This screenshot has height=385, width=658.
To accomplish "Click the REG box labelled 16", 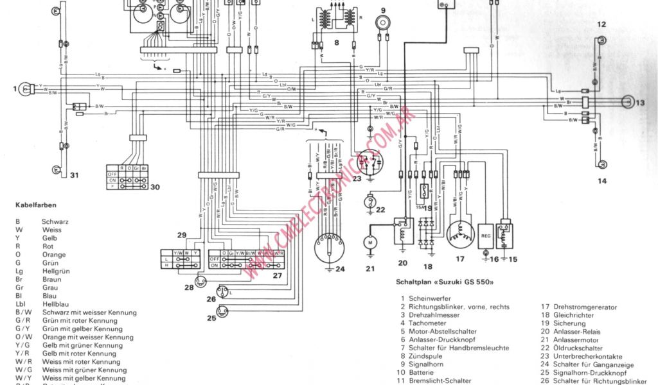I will pyautogui.click(x=486, y=235).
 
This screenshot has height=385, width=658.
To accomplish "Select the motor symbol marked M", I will pyautogui.click(x=369, y=243).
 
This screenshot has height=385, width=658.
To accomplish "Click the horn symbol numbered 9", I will pyautogui.click(x=384, y=23).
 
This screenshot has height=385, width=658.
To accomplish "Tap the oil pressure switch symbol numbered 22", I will pyautogui.click(x=369, y=201).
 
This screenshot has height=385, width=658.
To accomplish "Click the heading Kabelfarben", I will pyautogui.click(x=36, y=205).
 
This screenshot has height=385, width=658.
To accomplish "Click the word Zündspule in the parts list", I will pyautogui.click(x=425, y=356).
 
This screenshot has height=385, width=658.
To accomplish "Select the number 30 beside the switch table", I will pyautogui.click(x=155, y=187).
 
